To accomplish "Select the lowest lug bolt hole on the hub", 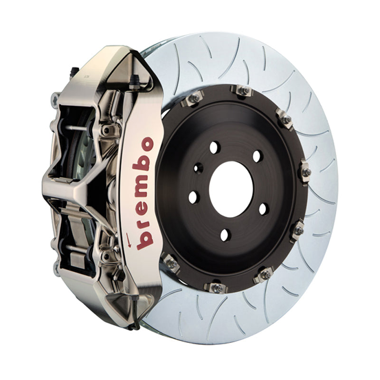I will point(225,234).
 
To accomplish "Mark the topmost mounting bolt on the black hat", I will point(243,90).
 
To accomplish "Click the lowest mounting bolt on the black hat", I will point(215,287).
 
